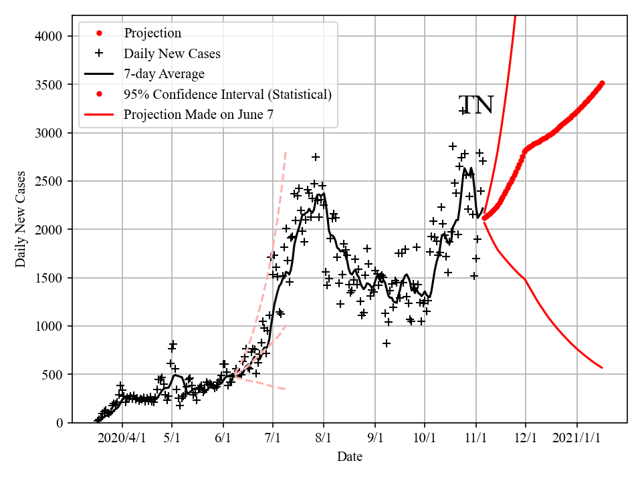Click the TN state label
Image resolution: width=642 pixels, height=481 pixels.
pos(475,106)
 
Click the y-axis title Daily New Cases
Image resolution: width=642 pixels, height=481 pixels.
pos(21,219)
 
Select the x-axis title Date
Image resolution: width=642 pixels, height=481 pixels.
pos(350,457)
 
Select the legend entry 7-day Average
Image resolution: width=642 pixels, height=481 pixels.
pos(164,73)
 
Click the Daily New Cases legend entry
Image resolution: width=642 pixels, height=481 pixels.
pos(172,53)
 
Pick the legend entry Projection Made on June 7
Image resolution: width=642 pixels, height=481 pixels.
pos(199,115)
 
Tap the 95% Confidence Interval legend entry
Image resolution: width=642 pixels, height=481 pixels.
pos(227,94)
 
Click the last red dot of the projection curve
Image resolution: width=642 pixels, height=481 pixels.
pos(602,83)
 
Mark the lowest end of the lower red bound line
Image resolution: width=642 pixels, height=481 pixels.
pos(602,367)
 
